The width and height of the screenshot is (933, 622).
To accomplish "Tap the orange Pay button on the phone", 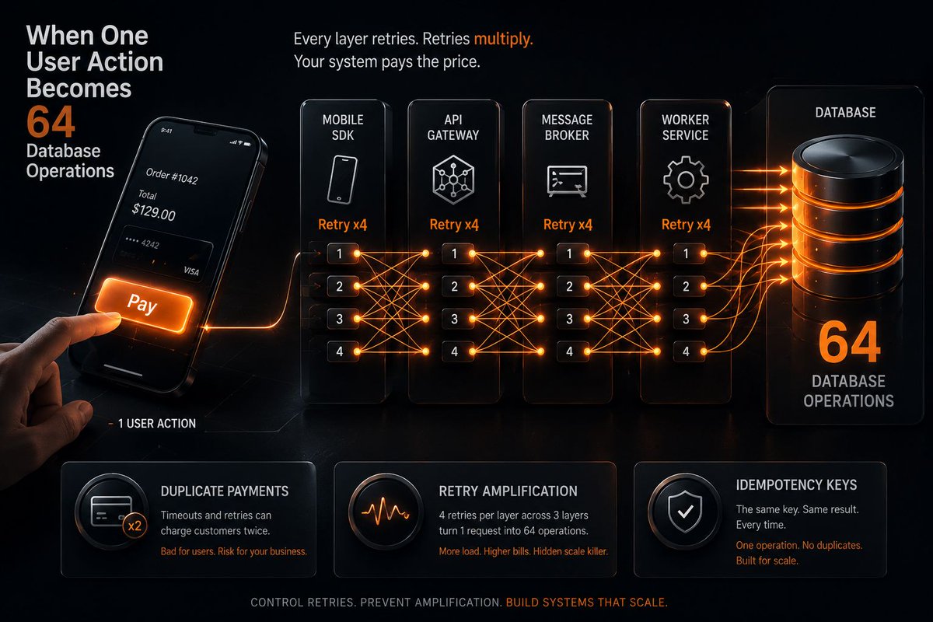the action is point(144,305).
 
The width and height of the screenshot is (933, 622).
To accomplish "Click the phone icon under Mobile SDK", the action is point(342,180).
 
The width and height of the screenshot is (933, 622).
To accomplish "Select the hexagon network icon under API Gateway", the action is point(453,180).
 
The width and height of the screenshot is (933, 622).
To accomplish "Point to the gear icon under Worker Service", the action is point(686,180).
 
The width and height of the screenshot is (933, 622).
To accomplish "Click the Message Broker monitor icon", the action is point(567,181).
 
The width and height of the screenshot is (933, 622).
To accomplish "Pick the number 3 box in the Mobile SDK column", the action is point(340,319).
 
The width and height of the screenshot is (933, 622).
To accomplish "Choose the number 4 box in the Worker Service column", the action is point(686,351).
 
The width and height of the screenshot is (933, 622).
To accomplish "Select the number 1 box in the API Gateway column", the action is point(455,253).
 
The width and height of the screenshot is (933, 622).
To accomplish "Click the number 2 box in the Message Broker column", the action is point(570,286).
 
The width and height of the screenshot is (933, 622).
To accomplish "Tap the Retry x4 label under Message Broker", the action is point(568,225).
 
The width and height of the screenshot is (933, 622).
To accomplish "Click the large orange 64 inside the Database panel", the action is point(849,342).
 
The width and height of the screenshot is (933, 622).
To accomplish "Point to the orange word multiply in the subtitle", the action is point(504,39).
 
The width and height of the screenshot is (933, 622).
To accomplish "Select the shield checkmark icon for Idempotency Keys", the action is point(685,511).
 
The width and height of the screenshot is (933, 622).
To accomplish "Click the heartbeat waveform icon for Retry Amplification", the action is point(385,512).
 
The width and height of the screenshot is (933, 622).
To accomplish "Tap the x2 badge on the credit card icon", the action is point(135,526).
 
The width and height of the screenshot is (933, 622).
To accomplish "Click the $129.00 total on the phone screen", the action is point(153,211).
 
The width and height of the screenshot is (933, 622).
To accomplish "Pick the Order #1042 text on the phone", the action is point(172,176).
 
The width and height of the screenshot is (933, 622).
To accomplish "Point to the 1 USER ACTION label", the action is point(156,424).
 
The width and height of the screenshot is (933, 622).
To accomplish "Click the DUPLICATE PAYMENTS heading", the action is point(225,491).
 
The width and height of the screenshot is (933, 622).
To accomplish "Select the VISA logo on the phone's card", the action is point(191,271).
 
